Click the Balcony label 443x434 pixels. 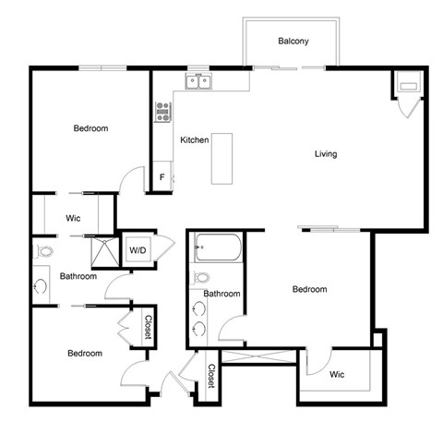click(293, 42)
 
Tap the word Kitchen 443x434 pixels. click(194, 139)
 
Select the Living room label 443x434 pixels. click(326, 153)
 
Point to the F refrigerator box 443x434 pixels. click(162, 176)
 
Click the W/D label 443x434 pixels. click(138, 249)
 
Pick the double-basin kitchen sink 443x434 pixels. click(198, 82)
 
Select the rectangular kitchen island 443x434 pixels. click(222, 158)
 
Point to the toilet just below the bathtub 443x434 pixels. click(202, 277)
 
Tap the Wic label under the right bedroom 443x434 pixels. click(337, 374)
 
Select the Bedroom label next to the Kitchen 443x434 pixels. click(91, 128)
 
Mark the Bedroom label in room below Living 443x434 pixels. click(309, 290)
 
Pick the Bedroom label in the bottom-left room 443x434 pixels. click(84, 353)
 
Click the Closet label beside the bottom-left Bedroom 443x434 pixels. click(147, 327)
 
